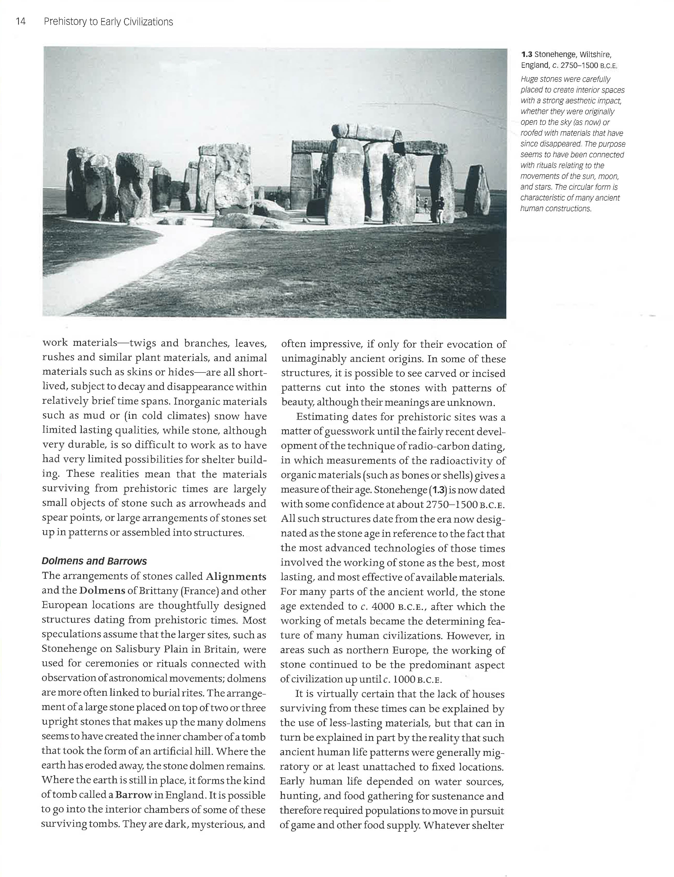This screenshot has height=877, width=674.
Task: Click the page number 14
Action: (20, 22)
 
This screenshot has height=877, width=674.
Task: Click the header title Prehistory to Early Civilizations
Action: (108, 22)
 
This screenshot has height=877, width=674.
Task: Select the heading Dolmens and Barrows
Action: (94, 561)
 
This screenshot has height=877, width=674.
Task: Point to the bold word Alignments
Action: (236, 576)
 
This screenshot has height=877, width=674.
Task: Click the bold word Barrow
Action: (134, 795)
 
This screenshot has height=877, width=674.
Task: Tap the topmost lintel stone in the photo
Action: (366, 131)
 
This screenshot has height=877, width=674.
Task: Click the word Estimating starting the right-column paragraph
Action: (322, 417)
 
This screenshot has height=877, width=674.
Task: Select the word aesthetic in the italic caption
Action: (574, 101)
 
